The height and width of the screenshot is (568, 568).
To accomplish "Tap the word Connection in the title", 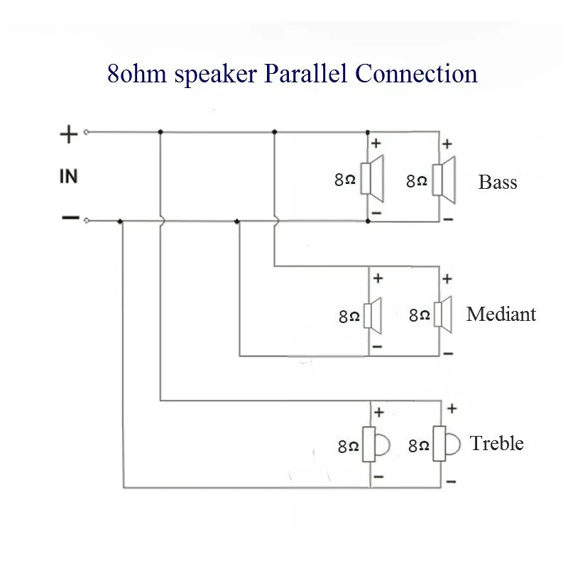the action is [x=416, y=73].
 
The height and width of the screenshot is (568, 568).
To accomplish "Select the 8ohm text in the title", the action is [x=137, y=74].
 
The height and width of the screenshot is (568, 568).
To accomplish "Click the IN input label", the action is [x=68, y=176].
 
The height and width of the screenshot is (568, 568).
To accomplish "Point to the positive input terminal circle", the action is [x=86, y=132].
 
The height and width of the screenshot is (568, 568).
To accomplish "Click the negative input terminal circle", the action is [x=86, y=220].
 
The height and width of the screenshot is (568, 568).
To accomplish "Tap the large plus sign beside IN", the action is [x=68, y=134].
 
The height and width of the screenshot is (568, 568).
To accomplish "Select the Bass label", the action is [x=498, y=182].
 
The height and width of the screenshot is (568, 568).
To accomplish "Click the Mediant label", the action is [x=501, y=314].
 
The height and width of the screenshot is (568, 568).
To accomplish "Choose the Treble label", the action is [x=496, y=443].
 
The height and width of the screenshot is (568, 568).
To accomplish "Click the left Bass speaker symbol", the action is [x=372, y=178].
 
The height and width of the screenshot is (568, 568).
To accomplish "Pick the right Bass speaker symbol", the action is [x=444, y=180].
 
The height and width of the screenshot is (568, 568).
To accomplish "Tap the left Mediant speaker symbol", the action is [x=373, y=315].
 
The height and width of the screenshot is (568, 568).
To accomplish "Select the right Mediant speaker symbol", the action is [x=442, y=315].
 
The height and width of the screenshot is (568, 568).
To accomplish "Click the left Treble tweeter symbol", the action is [x=376, y=444].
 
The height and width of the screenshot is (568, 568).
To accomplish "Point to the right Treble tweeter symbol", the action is [x=447, y=444].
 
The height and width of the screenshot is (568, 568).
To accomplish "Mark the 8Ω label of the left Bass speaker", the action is [x=345, y=180].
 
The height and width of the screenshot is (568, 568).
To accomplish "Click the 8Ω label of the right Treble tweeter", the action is [x=419, y=446].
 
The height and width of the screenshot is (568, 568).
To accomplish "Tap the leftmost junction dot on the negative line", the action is [x=120, y=221].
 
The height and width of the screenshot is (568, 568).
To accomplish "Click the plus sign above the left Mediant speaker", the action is [x=378, y=278].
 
